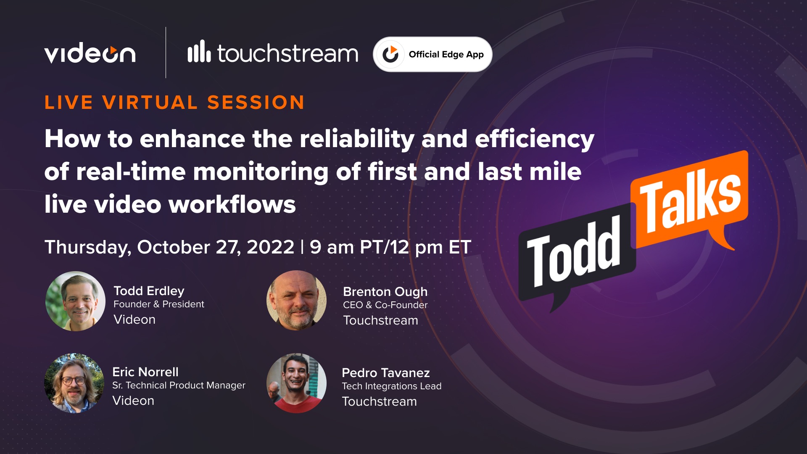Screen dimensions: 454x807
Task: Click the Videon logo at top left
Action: pos(90,54)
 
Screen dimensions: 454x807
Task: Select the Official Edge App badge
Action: pos(433,54)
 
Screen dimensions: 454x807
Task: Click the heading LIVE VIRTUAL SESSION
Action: pos(174,103)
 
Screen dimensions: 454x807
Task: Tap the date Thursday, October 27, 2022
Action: pos(169,247)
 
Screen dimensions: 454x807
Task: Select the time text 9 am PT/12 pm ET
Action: pos(390,247)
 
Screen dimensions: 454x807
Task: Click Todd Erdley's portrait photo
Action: pos(76,301)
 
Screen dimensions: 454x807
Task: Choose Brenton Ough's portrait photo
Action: pos(297,300)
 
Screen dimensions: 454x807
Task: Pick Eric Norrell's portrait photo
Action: pos(74,383)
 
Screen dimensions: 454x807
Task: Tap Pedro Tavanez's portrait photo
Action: pos(297,383)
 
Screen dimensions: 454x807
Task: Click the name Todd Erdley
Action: pos(149,291)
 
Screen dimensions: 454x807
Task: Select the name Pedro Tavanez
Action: pos(385,373)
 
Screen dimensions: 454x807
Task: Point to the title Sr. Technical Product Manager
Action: pos(179,385)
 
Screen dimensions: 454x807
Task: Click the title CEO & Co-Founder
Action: pos(385,305)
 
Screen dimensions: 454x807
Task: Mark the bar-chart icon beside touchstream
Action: pos(199,52)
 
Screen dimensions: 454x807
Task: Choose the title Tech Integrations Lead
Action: pos(391,386)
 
